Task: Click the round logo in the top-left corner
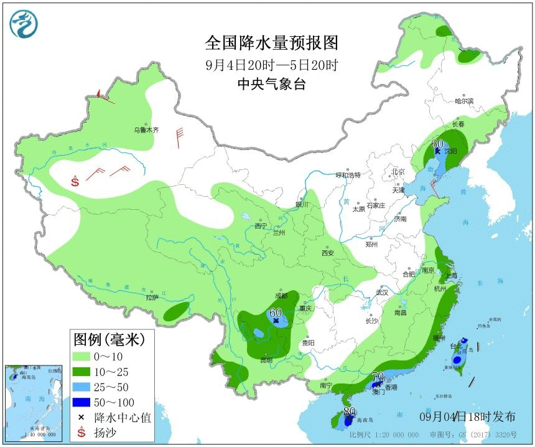tap(24, 24)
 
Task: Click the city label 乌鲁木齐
tap(147, 130)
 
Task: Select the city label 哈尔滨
tap(464, 101)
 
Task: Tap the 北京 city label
tap(398, 172)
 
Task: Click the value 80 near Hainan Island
tap(350, 412)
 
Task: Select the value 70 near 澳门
tap(378, 375)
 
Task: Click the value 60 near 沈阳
tap(437, 144)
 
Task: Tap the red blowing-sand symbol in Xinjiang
tap(75, 182)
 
